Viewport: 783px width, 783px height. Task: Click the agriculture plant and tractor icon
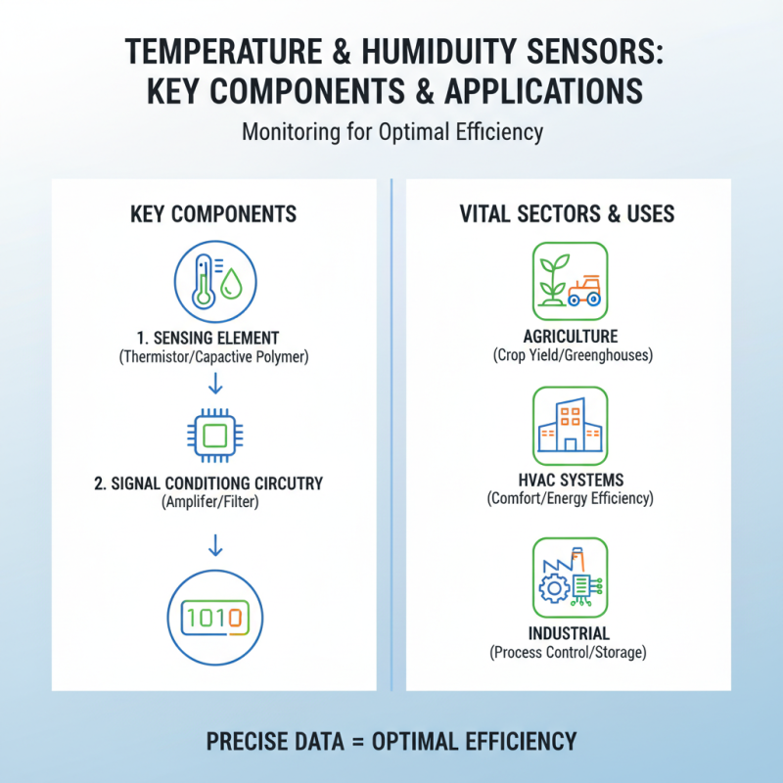click(x=569, y=279)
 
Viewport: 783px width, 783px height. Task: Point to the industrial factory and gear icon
click(x=569, y=576)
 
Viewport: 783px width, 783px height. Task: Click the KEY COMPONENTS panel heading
click(x=213, y=213)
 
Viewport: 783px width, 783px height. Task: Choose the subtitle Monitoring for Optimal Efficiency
click(x=392, y=131)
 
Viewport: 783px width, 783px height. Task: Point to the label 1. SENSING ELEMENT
click(x=213, y=338)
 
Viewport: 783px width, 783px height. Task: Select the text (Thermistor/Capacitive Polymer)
click(x=213, y=357)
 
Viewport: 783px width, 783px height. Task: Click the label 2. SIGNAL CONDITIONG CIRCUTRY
click(x=213, y=484)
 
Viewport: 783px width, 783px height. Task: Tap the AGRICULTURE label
click(x=569, y=337)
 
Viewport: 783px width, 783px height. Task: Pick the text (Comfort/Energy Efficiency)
click(x=569, y=499)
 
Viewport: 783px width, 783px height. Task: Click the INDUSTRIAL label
click(x=569, y=633)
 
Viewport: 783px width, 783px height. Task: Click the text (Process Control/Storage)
click(x=569, y=652)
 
